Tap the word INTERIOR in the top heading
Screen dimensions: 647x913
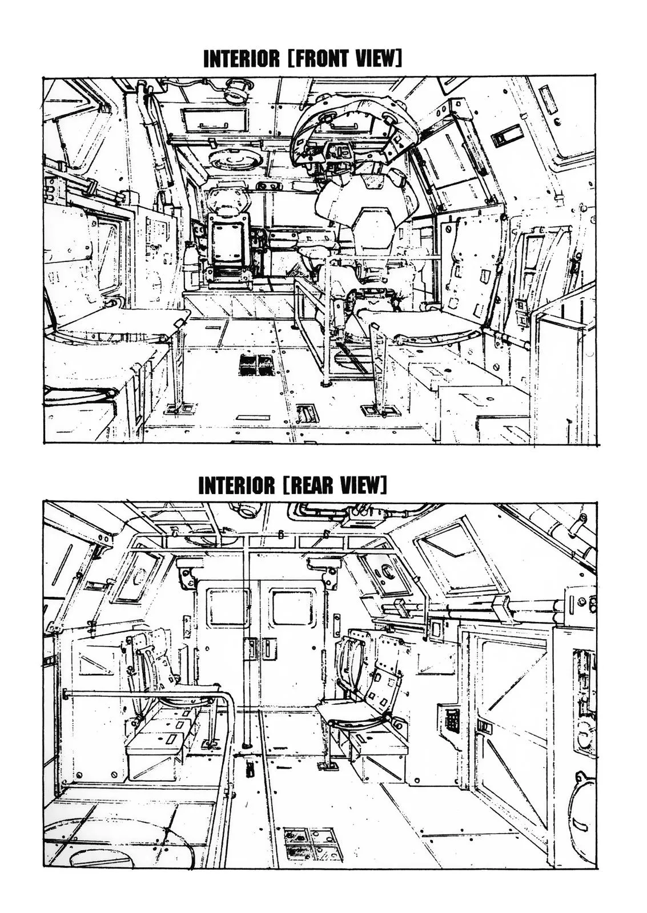pyautogui.click(x=242, y=59)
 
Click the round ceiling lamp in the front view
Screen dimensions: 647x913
pyautogui.click(x=235, y=92)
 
